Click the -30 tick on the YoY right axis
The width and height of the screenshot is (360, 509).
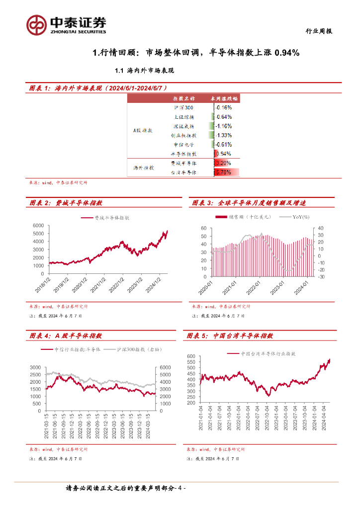coord(321,277)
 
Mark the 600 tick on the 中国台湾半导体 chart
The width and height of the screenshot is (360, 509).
coord(192,357)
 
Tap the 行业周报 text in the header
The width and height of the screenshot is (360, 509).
coord(318,31)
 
